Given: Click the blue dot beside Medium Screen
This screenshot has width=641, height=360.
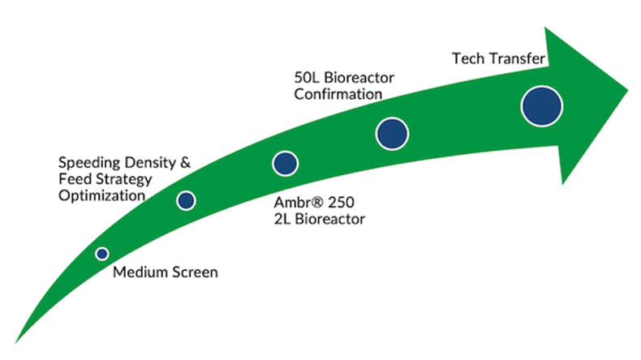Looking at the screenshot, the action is (102, 254).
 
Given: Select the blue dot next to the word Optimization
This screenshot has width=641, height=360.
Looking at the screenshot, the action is (186, 200).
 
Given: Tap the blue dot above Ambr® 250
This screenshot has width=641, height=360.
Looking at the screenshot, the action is (285, 164).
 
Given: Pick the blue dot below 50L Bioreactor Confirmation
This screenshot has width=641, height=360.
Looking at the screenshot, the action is (392, 134).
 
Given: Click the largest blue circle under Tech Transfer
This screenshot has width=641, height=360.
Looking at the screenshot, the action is (542, 106).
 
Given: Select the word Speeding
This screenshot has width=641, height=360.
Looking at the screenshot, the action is (89, 164).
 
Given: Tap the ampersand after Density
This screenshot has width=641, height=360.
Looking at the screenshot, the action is (185, 163).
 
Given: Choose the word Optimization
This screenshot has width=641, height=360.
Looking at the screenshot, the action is (101, 195).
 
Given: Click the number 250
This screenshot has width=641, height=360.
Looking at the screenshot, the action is (341, 202).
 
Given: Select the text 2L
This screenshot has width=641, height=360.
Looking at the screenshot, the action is (282, 219).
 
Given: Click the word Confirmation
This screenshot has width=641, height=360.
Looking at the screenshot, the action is (338, 94).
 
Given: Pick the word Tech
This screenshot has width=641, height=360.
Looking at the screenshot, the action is (468, 58).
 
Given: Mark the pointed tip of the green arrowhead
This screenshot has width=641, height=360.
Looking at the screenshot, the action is (627, 91).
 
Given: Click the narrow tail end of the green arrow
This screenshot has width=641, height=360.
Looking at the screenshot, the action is (16, 342).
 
